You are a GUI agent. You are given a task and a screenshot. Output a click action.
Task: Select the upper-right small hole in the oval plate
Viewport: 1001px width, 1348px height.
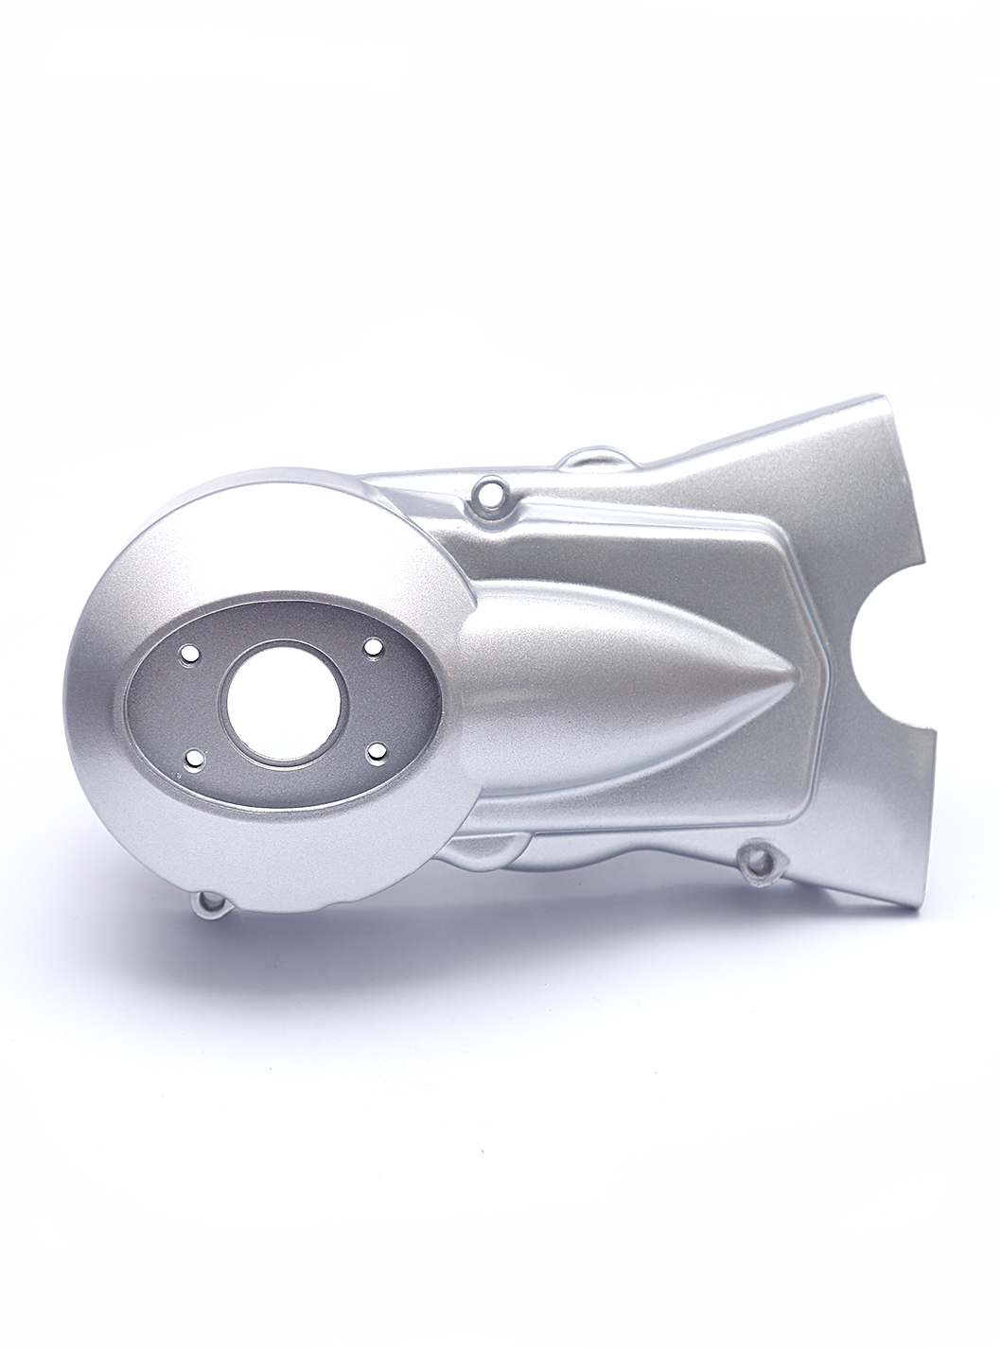(374, 647)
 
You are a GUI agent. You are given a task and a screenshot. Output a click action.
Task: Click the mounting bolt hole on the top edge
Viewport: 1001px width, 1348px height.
(489, 494)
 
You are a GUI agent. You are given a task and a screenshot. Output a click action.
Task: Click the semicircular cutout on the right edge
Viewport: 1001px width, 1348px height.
(889, 667)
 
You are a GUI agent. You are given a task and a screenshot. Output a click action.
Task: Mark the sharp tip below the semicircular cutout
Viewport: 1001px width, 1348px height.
(935, 729)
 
